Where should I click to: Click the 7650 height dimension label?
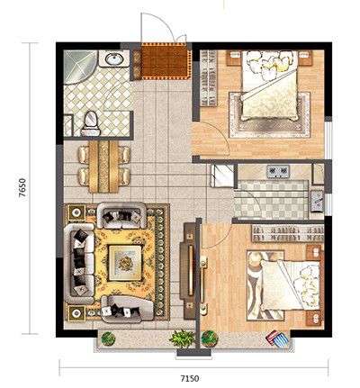click(x=22, y=188)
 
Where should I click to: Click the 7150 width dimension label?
click(x=189, y=378)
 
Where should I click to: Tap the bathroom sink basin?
click(x=114, y=59)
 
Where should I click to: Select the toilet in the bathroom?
click(x=91, y=124)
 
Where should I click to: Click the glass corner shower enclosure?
click(x=78, y=66)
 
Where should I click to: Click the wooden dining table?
click(x=104, y=167)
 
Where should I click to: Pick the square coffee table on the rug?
click(x=125, y=263)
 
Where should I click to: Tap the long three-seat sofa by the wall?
click(x=79, y=264)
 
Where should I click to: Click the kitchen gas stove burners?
click(x=278, y=171)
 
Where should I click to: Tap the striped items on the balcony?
click(x=277, y=338)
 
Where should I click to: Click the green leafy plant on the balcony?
click(x=182, y=338)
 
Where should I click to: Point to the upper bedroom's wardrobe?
click(x=209, y=78)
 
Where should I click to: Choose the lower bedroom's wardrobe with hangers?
click(x=287, y=234)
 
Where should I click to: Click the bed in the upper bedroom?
click(x=270, y=86)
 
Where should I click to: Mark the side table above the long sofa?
click(x=76, y=212)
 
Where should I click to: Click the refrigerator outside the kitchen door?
click(x=221, y=176)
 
